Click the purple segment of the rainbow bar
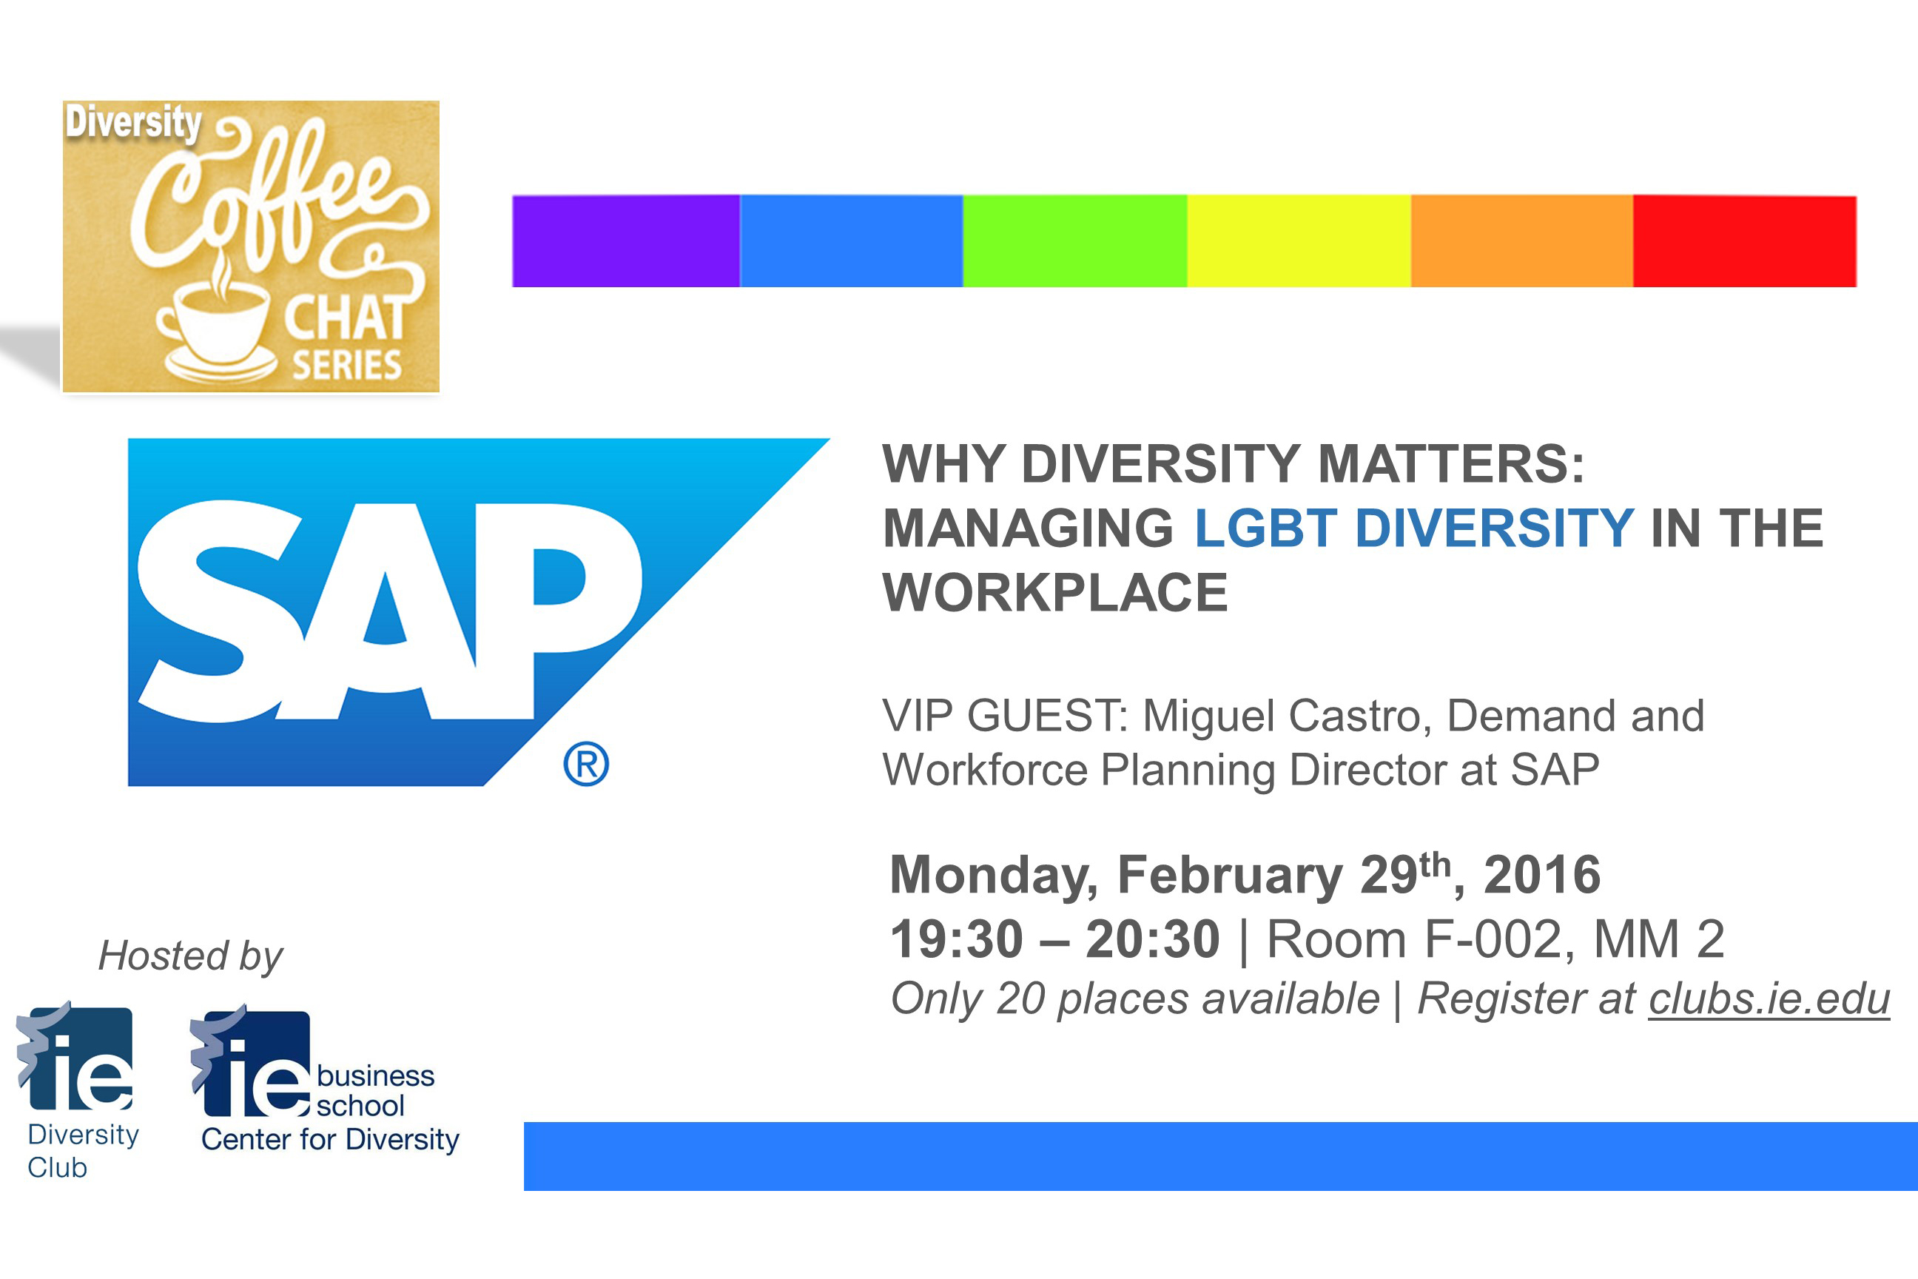[x=625, y=241]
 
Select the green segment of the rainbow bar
[x=1074, y=241]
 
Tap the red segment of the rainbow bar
[x=1745, y=241]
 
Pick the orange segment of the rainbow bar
[x=1521, y=241]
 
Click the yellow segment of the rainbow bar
[x=1299, y=241]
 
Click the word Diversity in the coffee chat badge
[x=133, y=122]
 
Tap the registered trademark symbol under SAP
[x=586, y=765]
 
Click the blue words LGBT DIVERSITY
[x=1414, y=528]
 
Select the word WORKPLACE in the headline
[x=1055, y=592]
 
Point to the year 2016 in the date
[x=1542, y=875]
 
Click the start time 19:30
[x=957, y=940]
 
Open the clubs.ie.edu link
[x=1769, y=1000]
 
